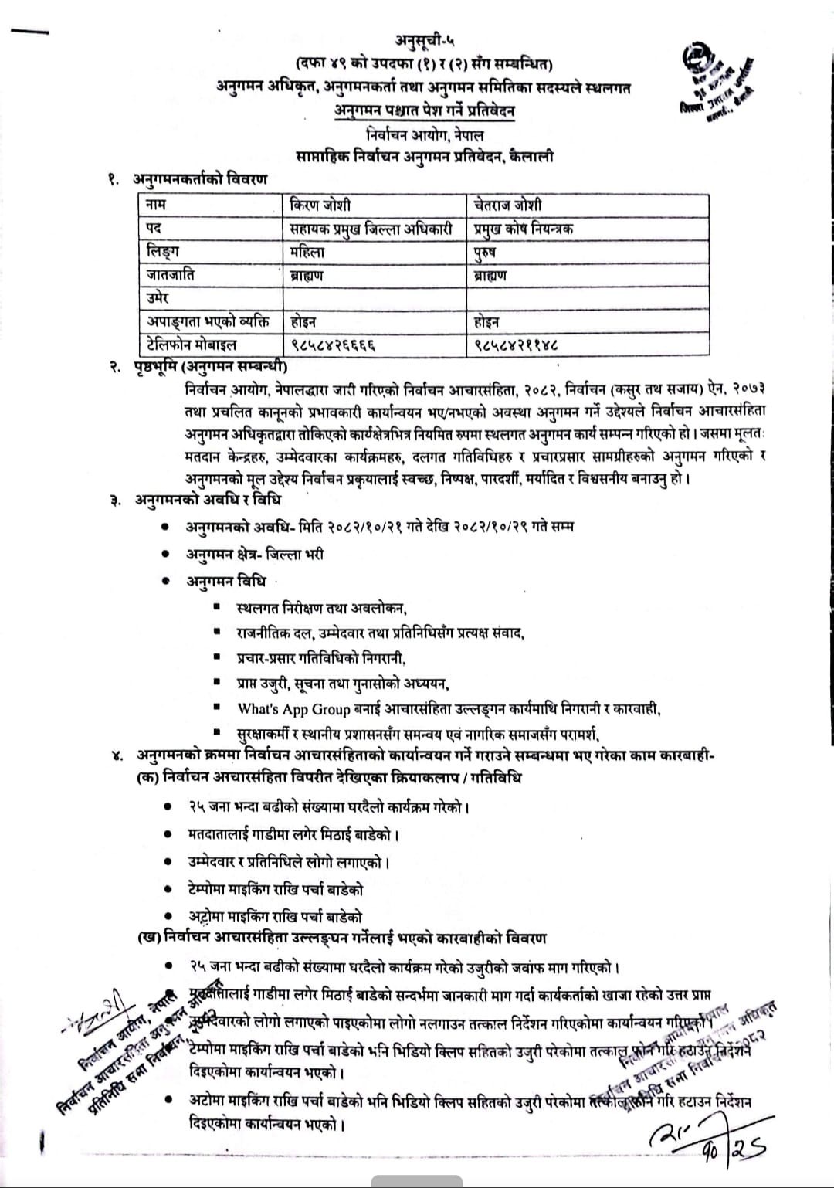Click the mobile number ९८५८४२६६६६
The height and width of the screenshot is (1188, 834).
click(334, 345)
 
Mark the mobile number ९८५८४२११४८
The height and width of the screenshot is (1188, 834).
click(517, 345)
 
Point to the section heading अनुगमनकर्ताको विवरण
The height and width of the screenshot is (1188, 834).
click(199, 179)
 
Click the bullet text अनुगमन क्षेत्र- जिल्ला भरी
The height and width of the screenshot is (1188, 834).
click(255, 554)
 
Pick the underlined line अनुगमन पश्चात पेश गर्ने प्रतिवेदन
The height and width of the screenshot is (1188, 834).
click(425, 110)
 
